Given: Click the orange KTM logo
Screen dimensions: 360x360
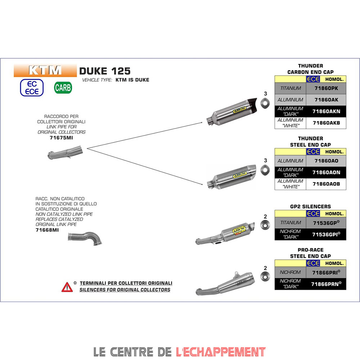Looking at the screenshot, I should click(45, 70).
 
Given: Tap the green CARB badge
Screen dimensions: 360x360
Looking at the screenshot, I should click(63, 87).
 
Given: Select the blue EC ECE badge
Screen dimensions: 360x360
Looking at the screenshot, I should click(32, 87).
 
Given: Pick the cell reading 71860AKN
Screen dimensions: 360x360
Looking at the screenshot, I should click(326, 112).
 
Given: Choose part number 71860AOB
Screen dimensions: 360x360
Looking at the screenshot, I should click(326, 184).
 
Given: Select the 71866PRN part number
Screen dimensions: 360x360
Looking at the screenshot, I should click(326, 284).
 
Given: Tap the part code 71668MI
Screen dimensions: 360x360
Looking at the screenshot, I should click(47, 230).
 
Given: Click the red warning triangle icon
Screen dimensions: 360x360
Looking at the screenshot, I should click(67, 287).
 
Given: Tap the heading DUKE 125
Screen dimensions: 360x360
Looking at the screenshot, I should click(105, 71).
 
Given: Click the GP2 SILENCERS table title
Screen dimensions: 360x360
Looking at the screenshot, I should click(310, 207).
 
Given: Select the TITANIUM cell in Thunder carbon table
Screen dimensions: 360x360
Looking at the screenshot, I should click(290, 88).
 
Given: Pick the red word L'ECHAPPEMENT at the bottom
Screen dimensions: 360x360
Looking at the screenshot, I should click(221, 351).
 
